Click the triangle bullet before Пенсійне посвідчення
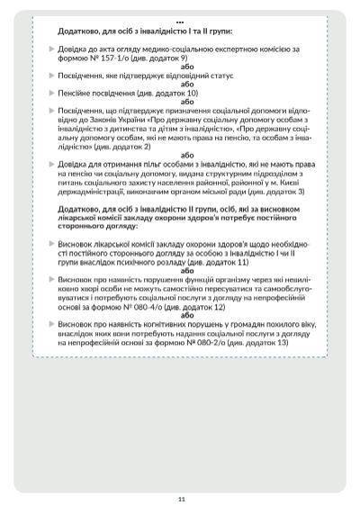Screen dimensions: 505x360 [50, 93]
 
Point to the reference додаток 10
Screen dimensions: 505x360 [177, 93]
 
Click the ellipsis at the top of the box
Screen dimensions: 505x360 [180, 20]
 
